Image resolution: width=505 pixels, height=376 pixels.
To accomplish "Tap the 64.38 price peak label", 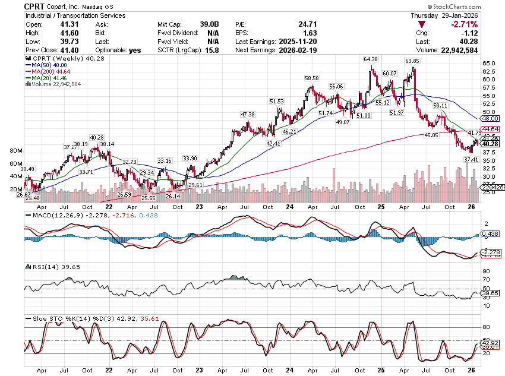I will click(370, 59).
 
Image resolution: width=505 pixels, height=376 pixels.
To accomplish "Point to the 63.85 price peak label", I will click(413, 61).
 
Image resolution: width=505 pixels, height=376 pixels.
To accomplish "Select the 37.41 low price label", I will click(471, 159).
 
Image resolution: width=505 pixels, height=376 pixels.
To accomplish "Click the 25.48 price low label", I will click(32, 198).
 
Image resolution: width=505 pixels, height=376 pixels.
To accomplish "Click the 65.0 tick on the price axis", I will click(489, 62).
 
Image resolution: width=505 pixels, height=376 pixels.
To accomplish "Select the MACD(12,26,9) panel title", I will click(50, 214).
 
